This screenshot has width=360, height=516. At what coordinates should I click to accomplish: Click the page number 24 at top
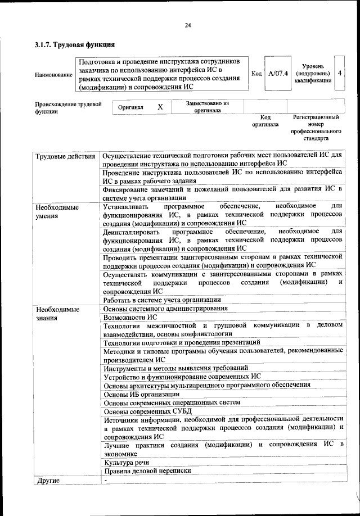[187, 25]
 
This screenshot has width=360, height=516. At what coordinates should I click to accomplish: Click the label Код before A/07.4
[255, 74]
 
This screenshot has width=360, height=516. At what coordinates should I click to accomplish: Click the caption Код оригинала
[265, 120]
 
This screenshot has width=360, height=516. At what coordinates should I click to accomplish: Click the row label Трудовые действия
[65, 156]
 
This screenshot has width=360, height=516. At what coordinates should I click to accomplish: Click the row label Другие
[48, 480]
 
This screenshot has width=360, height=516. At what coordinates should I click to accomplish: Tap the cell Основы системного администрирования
[166, 309]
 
